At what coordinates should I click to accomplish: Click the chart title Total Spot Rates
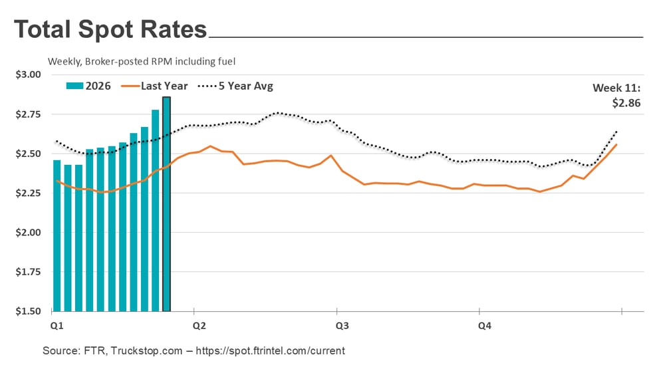[110, 30]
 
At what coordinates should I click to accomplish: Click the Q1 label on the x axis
[57, 326]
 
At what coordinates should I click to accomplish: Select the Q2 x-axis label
[199, 326]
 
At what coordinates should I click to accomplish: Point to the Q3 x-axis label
[342, 326]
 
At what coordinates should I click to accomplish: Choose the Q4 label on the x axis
[485, 326]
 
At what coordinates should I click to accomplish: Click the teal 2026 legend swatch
[73, 86]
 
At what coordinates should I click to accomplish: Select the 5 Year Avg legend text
[245, 86]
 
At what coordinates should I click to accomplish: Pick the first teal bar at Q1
[57, 235]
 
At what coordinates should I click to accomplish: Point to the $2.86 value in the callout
[626, 103]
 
